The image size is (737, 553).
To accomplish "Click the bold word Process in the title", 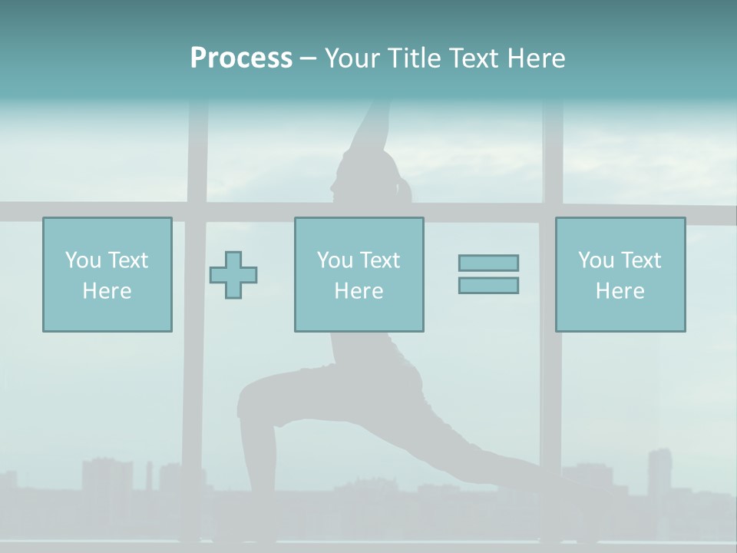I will click(241, 58).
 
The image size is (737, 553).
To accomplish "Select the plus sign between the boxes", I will click(233, 274).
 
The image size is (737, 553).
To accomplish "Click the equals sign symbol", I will click(488, 274).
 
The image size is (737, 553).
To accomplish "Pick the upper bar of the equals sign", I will click(488, 263).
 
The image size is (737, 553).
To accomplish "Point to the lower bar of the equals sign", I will click(488, 286).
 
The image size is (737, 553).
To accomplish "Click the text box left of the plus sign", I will click(107, 274).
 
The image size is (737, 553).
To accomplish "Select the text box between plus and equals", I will click(359, 274).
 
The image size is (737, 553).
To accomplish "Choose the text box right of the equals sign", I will click(620, 274).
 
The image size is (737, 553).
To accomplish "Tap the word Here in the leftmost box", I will click(107, 291).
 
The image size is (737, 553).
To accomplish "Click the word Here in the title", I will click(535, 58).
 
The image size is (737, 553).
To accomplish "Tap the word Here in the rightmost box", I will click(620, 291).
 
